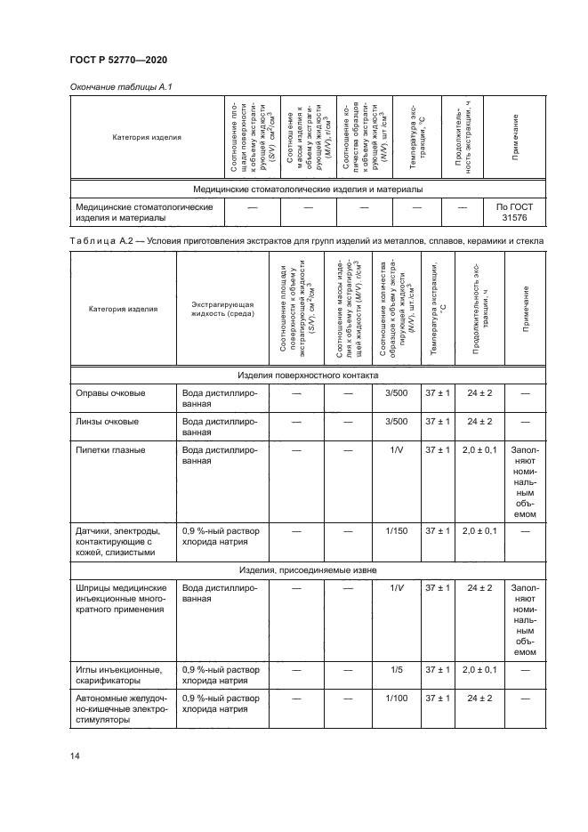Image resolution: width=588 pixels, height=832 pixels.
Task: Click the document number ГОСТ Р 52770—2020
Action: click(118, 60)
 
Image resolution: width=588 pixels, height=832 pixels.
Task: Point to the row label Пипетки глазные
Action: click(112, 450)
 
